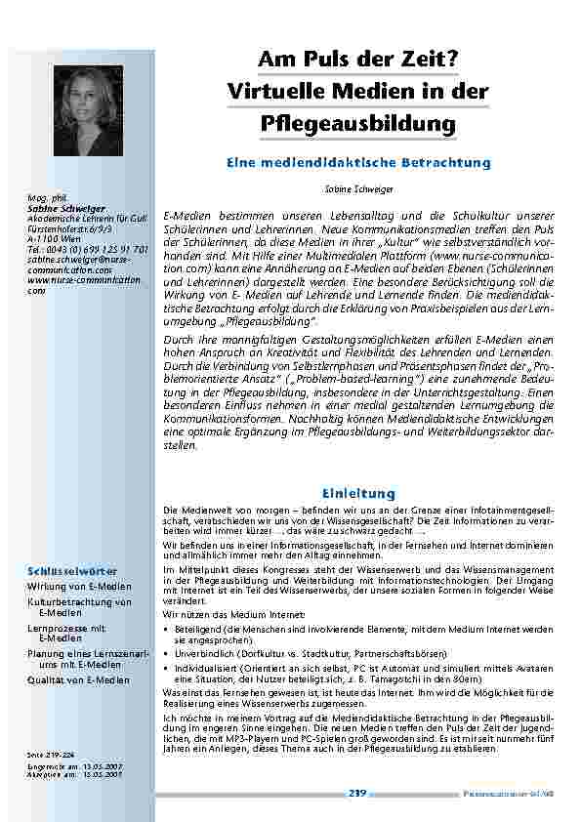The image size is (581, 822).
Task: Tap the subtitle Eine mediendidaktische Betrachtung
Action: pyautogui.click(x=357, y=162)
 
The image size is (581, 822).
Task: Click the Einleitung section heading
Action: pyautogui.click(x=357, y=494)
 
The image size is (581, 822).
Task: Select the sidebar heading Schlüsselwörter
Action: pyautogui.click(x=74, y=569)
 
